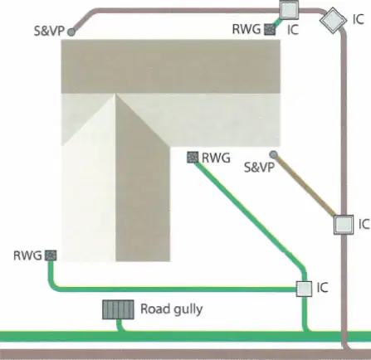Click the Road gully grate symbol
click(118, 309)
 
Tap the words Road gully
click(172, 309)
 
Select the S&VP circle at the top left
click(71, 32)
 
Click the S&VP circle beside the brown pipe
click(273, 154)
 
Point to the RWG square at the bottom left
click(51, 255)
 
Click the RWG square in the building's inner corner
click(193, 158)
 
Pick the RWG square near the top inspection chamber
click(270, 29)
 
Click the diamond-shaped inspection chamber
click(333, 20)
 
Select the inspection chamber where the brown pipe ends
click(344, 225)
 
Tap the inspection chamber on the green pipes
click(305, 289)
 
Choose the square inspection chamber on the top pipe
click(290, 10)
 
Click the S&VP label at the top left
click(49, 31)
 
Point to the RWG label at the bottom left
click(27, 255)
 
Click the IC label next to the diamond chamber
click(359, 19)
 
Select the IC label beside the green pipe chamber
click(323, 288)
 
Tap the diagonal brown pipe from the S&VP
click(305, 186)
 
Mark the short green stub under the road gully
click(120, 326)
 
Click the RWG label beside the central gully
click(216, 158)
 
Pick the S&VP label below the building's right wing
click(259, 168)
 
